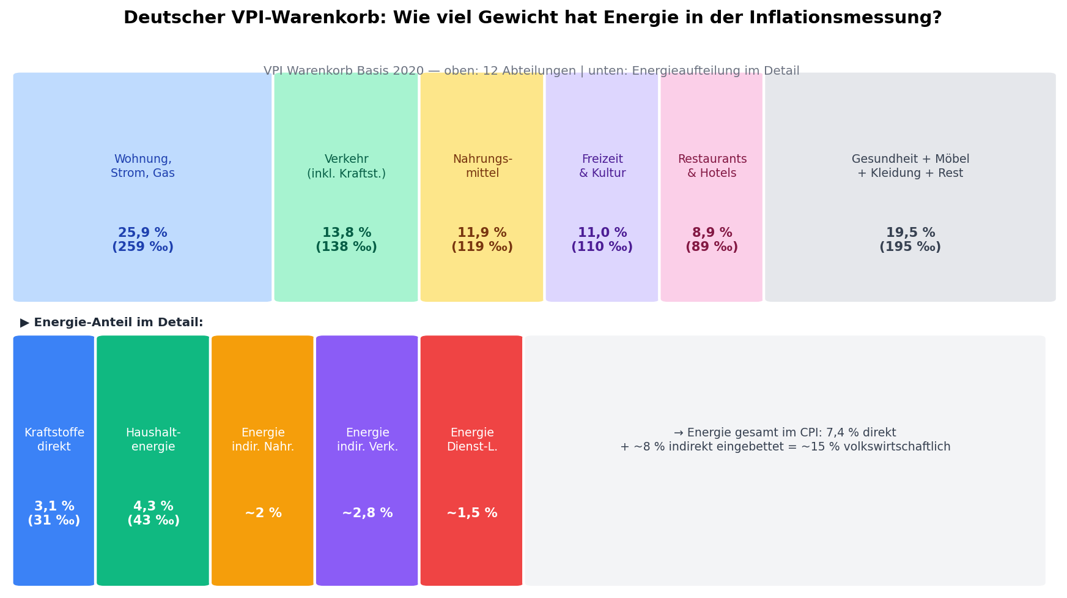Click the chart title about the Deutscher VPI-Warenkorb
pyautogui.click(x=532, y=18)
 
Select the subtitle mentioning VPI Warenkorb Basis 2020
pyautogui.click(x=531, y=71)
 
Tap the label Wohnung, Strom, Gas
pyautogui.click(x=142, y=166)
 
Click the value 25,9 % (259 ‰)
pyautogui.click(x=142, y=240)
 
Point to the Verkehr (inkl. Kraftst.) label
pyautogui.click(x=346, y=166)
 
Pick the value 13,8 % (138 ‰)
pyautogui.click(x=346, y=240)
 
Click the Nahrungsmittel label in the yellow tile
pyautogui.click(x=482, y=166)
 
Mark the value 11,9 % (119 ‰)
pyautogui.click(x=482, y=240)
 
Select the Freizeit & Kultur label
pyautogui.click(x=602, y=166)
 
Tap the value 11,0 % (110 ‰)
pyautogui.click(x=602, y=240)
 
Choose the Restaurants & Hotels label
pyautogui.click(x=712, y=166)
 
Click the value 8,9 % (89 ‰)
pyautogui.click(x=712, y=240)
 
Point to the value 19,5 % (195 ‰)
pyautogui.click(x=910, y=240)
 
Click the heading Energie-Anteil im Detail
pyautogui.click(x=112, y=323)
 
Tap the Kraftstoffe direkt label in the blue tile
pyautogui.click(x=54, y=440)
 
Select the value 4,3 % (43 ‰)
pyautogui.click(x=153, y=514)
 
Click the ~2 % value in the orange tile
pyautogui.click(x=263, y=514)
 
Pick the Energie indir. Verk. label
pyautogui.click(x=367, y=440)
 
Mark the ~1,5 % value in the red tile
pyautogui.click(x=471, y=514)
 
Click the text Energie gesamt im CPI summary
pyautogui.click(x=785, y=440)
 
